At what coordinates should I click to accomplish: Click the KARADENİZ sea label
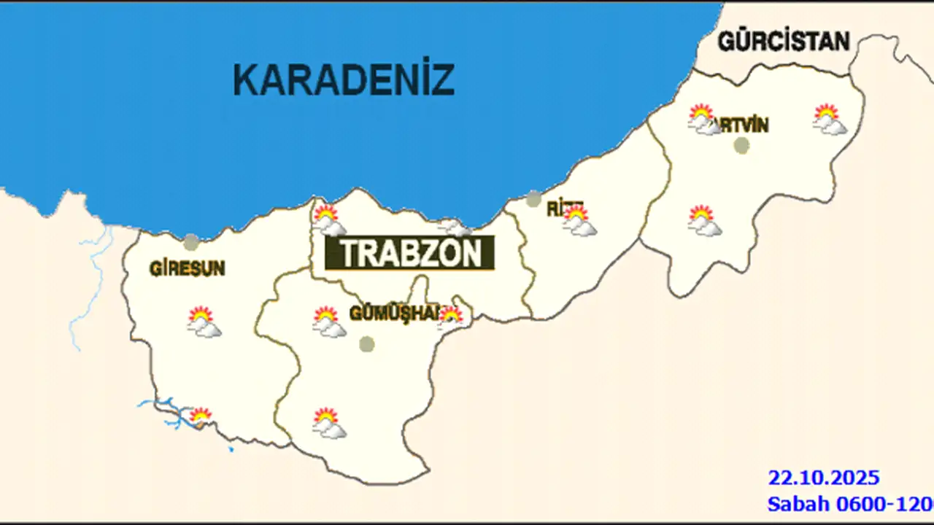tap(344, 79)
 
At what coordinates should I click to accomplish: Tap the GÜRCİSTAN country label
tap(784, 41)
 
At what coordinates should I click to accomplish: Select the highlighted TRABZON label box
tap(409, 253)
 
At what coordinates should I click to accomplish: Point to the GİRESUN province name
tap(188, 268)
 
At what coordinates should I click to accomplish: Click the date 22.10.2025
tap(823, 478)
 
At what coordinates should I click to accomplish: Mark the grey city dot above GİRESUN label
tap(191, 242)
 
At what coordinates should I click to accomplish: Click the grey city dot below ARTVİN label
tap(741, 145)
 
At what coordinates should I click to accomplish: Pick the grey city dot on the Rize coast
tap(533, 198)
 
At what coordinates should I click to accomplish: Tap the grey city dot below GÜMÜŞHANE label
tap(367, 343)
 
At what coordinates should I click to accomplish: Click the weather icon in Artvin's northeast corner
tap(830, 120)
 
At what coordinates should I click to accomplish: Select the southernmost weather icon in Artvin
tap(704, 221)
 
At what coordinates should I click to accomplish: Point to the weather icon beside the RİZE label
tap(579, 221)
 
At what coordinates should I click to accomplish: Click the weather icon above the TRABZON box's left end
tap(328, 220)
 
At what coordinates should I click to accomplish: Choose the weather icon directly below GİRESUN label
tap(204, 322)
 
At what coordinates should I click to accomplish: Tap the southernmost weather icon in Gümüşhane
tap(329, 424)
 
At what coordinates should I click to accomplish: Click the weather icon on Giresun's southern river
tap(200, 416)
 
